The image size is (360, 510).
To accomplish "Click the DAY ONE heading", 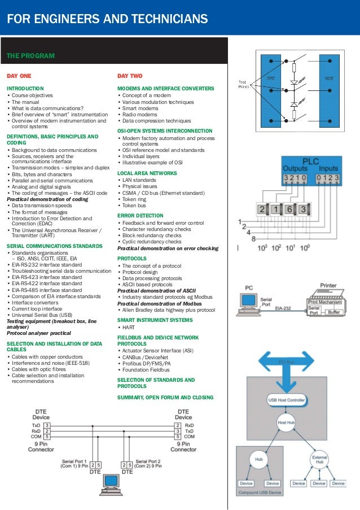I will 19,76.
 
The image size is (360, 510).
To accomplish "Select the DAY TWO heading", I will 130,76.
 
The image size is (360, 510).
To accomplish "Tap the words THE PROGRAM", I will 30,56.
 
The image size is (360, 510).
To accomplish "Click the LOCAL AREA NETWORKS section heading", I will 147,173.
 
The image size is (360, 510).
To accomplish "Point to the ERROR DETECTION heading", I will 140,215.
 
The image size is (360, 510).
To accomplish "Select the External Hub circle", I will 319,459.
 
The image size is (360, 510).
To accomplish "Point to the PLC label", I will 311,161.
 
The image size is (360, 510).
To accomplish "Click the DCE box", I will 328,79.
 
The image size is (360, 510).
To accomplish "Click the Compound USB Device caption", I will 259,493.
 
